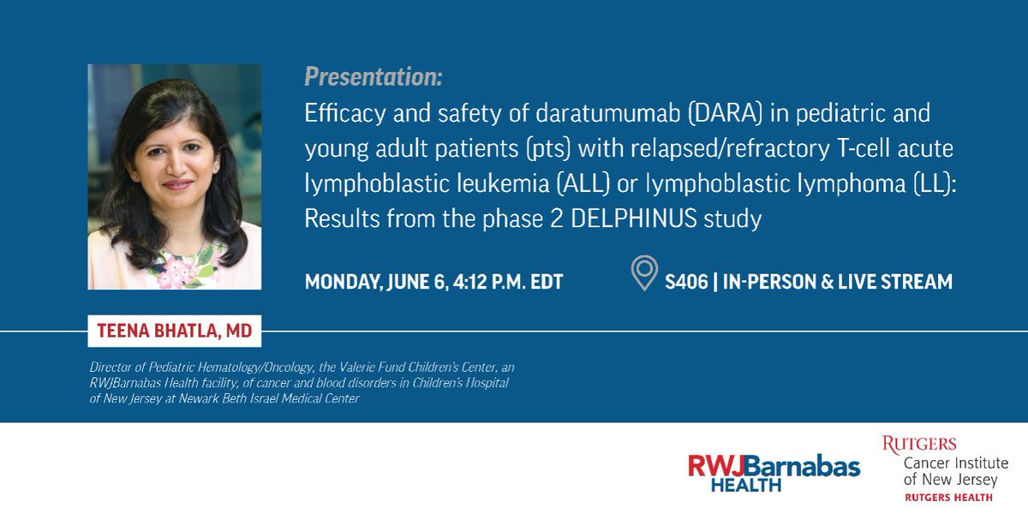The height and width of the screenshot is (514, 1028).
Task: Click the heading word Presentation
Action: [x=374, y=77]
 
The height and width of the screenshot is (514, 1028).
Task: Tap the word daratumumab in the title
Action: [x=607, y=113]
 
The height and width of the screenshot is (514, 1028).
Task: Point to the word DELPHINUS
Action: [x=634, y=218]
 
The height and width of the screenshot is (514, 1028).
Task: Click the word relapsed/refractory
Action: [x=730, y=149]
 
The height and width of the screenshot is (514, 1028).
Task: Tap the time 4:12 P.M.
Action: [x=488, y=282]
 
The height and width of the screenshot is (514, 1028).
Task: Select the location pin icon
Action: [x=644, y=272]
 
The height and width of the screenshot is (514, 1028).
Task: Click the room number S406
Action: [x=686, y=282]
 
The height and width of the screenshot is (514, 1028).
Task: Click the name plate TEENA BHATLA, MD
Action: [x=175, y=331]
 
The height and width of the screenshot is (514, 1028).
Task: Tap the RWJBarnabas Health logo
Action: [x=774, y=473]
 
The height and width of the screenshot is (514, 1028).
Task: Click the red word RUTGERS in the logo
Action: [x=919, y=445]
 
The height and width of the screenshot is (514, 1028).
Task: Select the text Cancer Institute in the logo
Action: [x=955, y=463]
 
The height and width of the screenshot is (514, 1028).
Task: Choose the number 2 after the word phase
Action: [x=556, y=219]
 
